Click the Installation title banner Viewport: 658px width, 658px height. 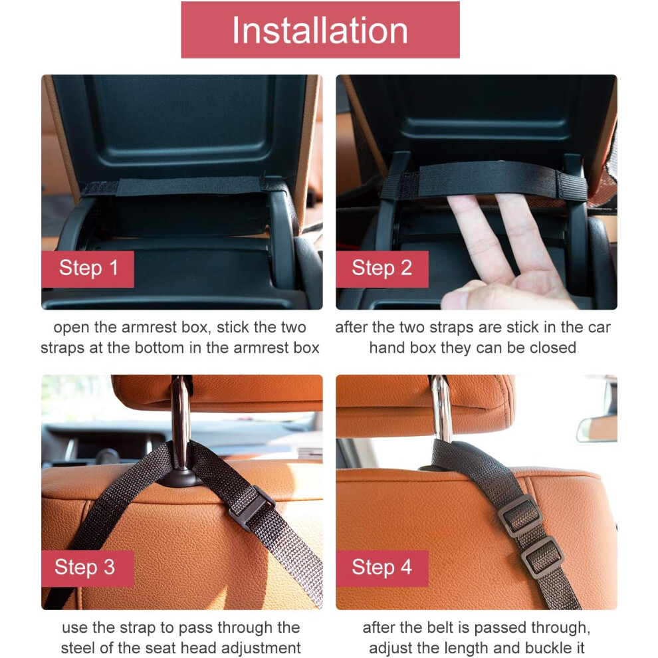point(320,30)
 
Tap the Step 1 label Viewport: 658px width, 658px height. point(88,269)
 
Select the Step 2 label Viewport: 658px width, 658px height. point(382,269)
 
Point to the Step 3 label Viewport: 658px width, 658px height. point(88,568)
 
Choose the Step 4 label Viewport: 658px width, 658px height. point(382,568)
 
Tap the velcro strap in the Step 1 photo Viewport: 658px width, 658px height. point(185,186)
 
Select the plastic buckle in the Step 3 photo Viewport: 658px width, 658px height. point(251,508)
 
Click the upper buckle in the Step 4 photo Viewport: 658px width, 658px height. point(520,516)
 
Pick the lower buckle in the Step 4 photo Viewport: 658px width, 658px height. point(542,557)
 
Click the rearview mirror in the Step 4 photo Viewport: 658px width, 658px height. point(597,429)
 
